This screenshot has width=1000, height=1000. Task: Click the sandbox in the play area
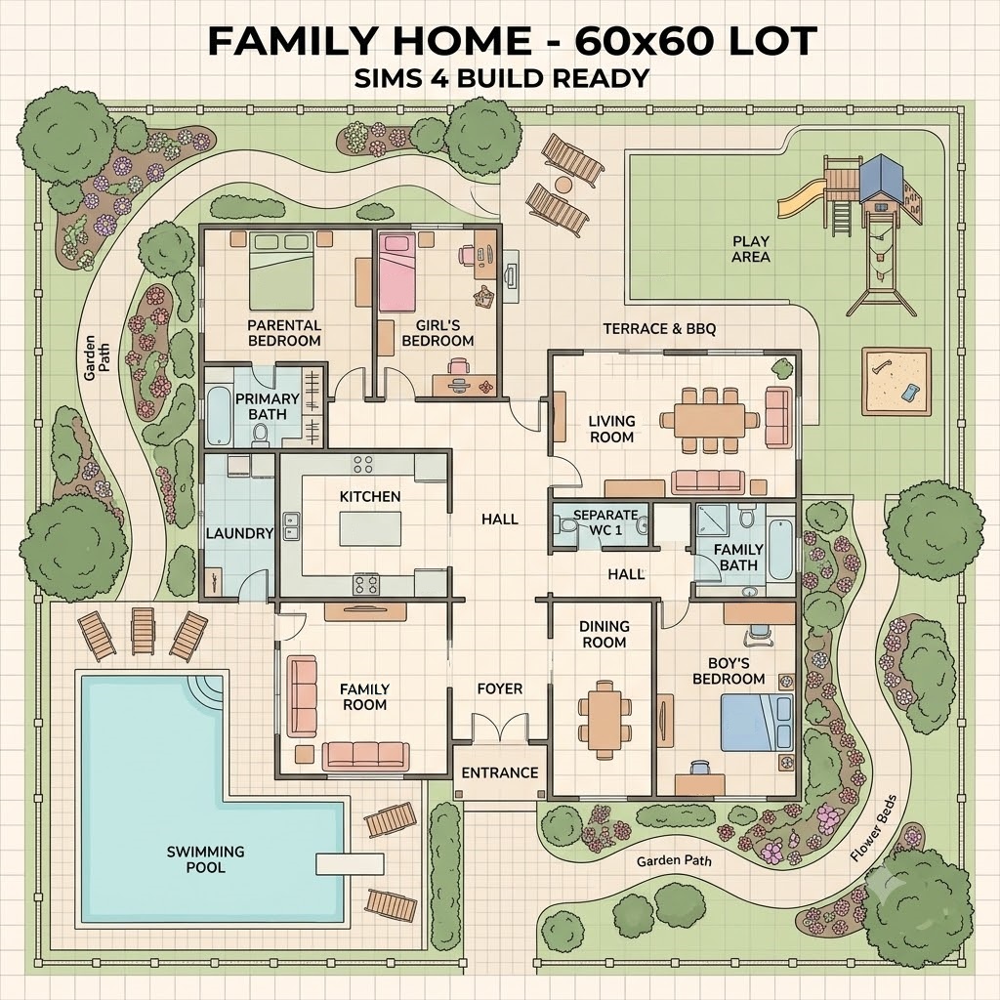(x=896, y=381)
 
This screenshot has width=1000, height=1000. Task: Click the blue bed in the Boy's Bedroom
(x=757, y=723)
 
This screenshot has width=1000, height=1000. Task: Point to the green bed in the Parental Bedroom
(x=281, y=271)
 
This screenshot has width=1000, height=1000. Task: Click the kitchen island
(x=370, y=528)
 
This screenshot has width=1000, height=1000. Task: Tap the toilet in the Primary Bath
(x=260, y=435)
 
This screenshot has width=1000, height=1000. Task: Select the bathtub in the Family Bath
(x=780, y=550)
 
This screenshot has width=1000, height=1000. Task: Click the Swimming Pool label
(x=205, y=859)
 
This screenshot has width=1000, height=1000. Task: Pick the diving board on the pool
(x=351, y=864)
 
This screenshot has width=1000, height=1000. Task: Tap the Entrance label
(x=500, y=773)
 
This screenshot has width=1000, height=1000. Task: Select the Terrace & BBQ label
(x=659, y=329)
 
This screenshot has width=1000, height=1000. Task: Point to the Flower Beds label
(x=874, y=828)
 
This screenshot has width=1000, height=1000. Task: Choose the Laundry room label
(x=239, y=533)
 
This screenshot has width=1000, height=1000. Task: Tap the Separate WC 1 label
(x=605, y=522)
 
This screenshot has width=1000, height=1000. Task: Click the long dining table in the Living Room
(x=709, y=420)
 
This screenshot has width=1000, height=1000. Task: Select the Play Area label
(x=751, y=249)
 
